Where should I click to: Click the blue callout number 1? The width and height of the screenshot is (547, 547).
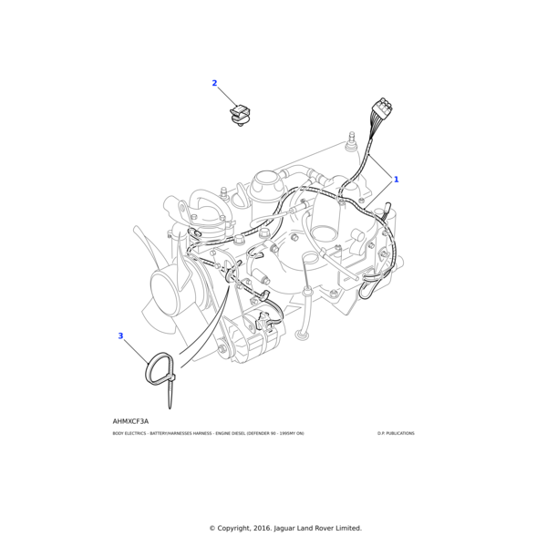(x=396, y=180)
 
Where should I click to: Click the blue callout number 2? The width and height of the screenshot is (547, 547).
(x=215, y=83)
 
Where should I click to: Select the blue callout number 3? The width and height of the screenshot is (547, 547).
(x=120, y=335)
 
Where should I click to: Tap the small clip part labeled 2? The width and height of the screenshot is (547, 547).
(x=240, y=116)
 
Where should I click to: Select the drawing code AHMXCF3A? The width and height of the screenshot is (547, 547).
(x=130, y=421)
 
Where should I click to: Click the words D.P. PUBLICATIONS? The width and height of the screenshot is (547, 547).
(x=396, y=434)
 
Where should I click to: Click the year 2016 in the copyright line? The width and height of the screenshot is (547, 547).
(x=271, y=528)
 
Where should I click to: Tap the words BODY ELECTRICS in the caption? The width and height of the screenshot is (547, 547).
(x=130, y=434)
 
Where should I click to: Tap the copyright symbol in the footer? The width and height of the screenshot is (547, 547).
(x=212, y=528)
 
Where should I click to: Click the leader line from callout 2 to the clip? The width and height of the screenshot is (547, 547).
(x=227, y=96)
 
